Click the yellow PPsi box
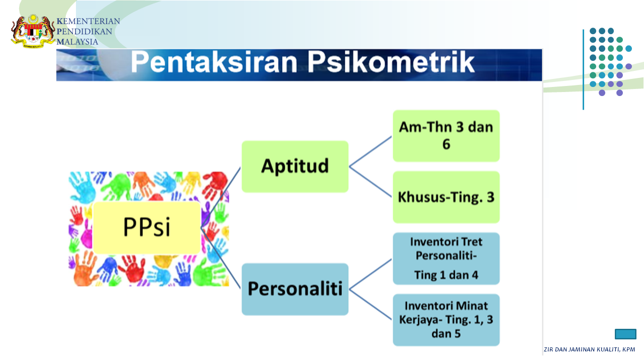(x=146, y=228)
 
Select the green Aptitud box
(x=295, y=166)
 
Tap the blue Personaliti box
(x=295, y=289)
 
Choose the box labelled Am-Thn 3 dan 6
(x=446, y=136)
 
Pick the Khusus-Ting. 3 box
(x=446, y=197)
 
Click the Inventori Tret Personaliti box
(x=446, y=258)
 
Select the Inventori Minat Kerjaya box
(x=446, y=320)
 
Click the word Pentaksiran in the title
(x=214, y=62)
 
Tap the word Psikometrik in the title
(x=391, y=62)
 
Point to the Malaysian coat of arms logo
(x=33, y=31)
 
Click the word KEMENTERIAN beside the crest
(x=88, y=21)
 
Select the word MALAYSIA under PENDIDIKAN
(x=77, y=42)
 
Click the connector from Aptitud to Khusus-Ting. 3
(x=371, y=182)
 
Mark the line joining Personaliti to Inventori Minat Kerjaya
(x=371, y=304)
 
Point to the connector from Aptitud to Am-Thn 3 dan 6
(x=371, y=151)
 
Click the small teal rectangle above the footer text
(x=625, y=334)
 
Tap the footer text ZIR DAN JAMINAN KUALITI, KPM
(x=589, y=349)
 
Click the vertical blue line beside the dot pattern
(x=583, y=69)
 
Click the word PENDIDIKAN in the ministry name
(x=84, y=32)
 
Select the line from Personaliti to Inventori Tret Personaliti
(x=371, y=274)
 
